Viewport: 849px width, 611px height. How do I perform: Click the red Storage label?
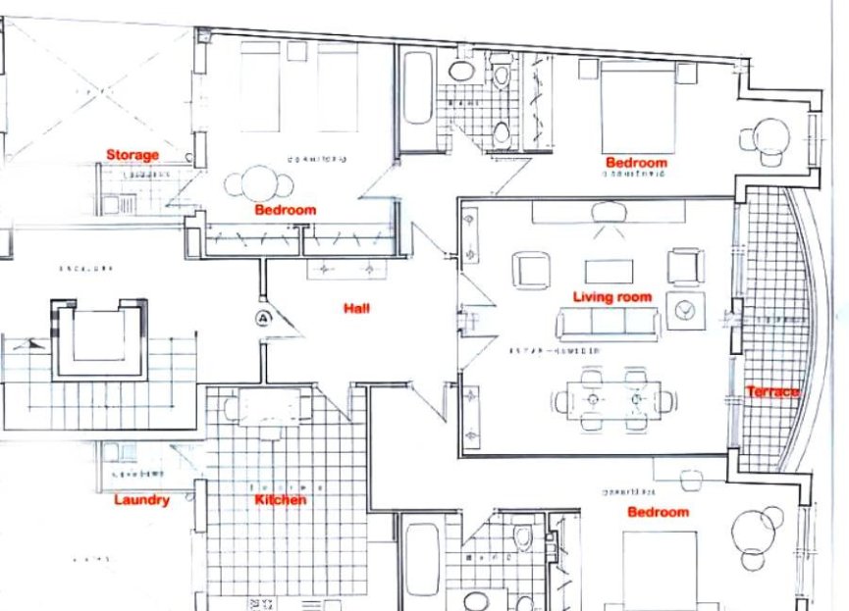(133, 155)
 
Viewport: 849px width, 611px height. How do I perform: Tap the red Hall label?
(355, 308)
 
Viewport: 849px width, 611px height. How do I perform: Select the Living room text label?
(611, 297)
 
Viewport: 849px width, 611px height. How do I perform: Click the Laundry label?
(141, 499)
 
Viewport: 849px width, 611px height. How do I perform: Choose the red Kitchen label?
(281, 500)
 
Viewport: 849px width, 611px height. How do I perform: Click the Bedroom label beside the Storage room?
(285, 210)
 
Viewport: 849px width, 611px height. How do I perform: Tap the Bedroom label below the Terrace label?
(658, 512)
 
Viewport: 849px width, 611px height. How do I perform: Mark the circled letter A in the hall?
(263, 317)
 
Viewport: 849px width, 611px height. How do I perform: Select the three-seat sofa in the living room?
(606, 322)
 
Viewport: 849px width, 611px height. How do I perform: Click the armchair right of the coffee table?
(684, 266)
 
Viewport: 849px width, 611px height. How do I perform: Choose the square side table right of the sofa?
(686, 311)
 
